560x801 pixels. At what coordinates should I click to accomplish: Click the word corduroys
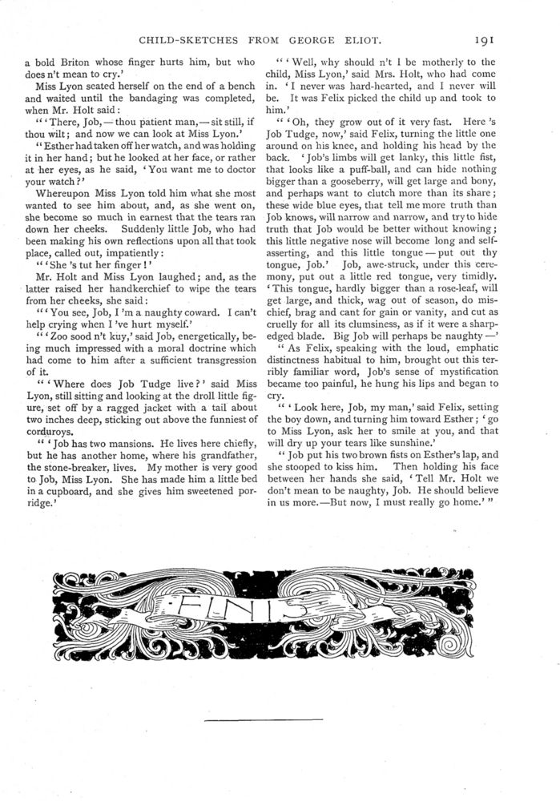[x=49, y=401]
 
